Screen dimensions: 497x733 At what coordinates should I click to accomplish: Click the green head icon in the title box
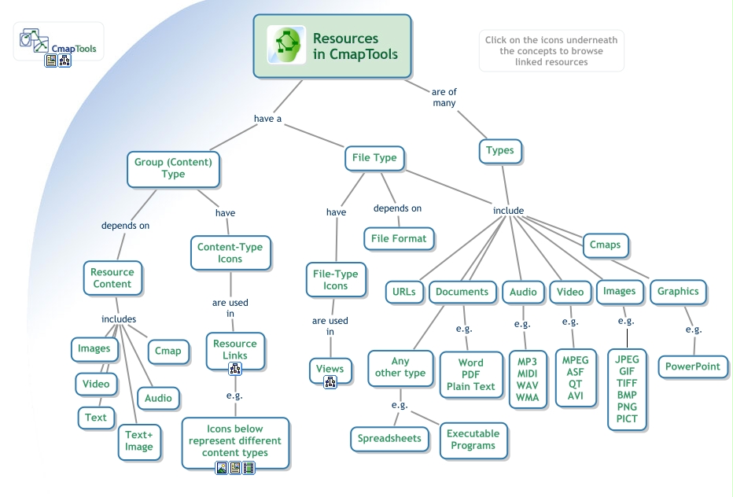tap(286, 46)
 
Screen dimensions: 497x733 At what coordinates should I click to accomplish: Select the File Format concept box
tap(399, 238)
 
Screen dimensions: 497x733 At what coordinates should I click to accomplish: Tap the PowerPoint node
tap(693, 366)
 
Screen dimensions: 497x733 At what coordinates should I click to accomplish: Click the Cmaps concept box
tap(605, 245)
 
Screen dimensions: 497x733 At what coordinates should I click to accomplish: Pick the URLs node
tap(404, 292)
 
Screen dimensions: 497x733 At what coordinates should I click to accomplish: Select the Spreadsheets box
tap(389, 439)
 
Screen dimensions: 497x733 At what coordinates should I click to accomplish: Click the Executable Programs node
tap(473, 440)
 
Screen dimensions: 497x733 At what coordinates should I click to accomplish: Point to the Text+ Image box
tap(139, 441)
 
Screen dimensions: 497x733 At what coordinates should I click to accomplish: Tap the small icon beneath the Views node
tap(330, 382)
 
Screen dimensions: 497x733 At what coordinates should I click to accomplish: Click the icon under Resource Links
tap(234, 369)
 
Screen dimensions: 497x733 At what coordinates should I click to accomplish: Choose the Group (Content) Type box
tap(173, 168)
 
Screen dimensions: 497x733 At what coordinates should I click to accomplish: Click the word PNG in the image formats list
tap(627, 407)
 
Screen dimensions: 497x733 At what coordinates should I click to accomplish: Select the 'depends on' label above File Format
tap(397, 208)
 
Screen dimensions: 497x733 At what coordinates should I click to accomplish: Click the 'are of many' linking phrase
tap(444, 98)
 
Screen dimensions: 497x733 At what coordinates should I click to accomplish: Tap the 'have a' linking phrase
tap(267, 120)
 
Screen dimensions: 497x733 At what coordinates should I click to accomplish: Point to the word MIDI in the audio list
tap(527, 374)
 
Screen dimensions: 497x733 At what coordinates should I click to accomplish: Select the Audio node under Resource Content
tap(158, 398)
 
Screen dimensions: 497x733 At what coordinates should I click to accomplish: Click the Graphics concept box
tap(678, 292)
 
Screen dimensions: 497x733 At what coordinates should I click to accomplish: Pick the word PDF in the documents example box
tap(471, 375)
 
